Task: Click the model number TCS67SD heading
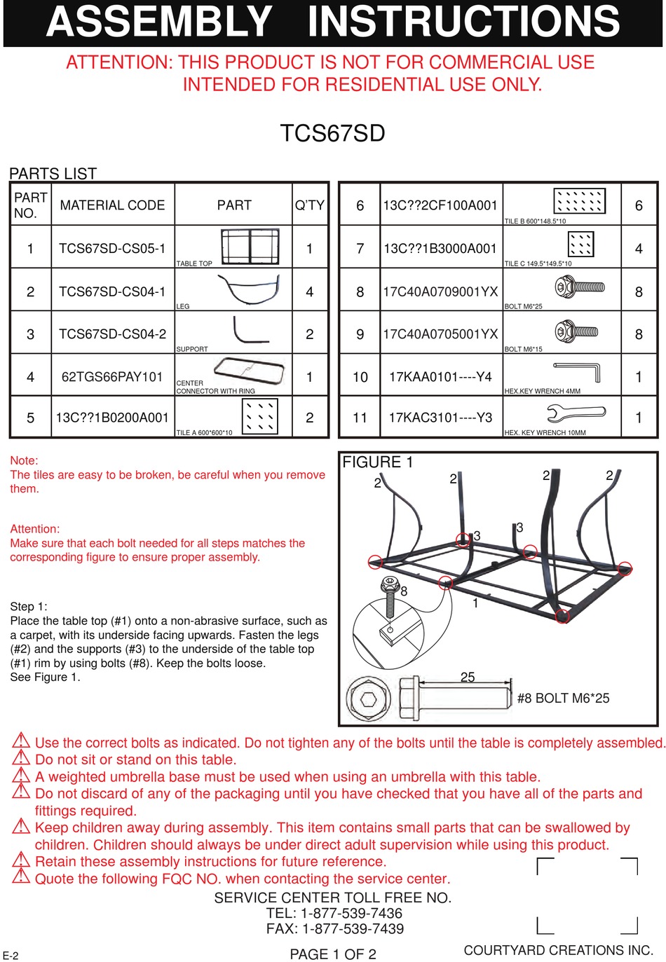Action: pos(332,133)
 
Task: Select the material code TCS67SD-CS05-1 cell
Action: pos(112,249)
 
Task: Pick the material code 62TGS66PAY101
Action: pos(112,377)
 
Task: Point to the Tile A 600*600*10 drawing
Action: pos(259,416)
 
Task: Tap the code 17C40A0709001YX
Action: pos(440,291)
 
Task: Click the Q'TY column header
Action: pos(309,205)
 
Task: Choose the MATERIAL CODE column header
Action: pos(112,205)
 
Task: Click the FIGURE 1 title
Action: pos(377,462)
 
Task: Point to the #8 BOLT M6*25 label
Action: pos(563,699)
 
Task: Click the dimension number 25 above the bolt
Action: pos(468,677)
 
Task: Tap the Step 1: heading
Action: pos(29,607)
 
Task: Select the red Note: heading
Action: pos(24,460)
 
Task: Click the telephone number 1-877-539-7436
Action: pos(351,914)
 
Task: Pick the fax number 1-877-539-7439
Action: pos(353,929)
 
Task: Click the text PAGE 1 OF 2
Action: pos(333,954)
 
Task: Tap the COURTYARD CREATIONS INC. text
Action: pos(558,951)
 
